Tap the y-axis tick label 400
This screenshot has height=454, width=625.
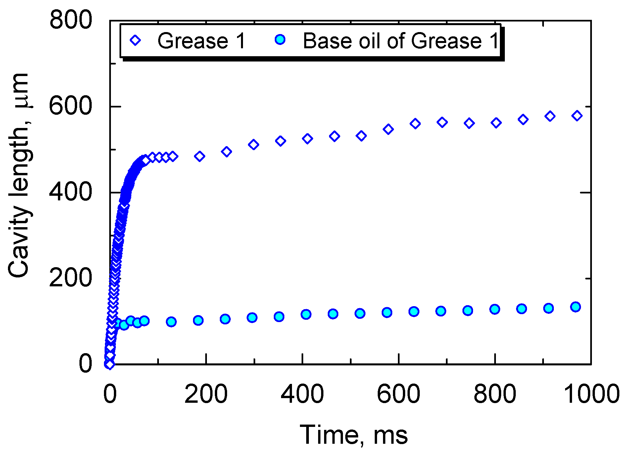[71, 192]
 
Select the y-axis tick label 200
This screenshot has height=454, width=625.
[71, 278]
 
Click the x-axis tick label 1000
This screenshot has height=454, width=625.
[591, 394]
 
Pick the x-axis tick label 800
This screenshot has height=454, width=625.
[495, 394]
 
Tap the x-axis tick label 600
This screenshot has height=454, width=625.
[398, 394]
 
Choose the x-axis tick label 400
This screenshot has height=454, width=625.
[302, 394]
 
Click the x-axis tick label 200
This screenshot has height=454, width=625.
[206, 394]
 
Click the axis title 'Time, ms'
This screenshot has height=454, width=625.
[354, 435]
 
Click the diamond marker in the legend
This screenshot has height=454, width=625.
[136, 41]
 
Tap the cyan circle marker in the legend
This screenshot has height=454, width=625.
[280, 40]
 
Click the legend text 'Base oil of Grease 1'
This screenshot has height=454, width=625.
[401, 41]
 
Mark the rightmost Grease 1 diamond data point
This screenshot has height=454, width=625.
[577, 116]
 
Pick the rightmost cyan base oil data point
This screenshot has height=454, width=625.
[576, 307]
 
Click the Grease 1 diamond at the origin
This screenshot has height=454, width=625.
[110, 364]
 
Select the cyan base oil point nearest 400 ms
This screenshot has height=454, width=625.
[306, 314]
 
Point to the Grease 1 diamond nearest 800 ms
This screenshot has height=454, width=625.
[496, 123]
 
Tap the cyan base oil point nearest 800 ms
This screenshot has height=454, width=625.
[495, 310]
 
